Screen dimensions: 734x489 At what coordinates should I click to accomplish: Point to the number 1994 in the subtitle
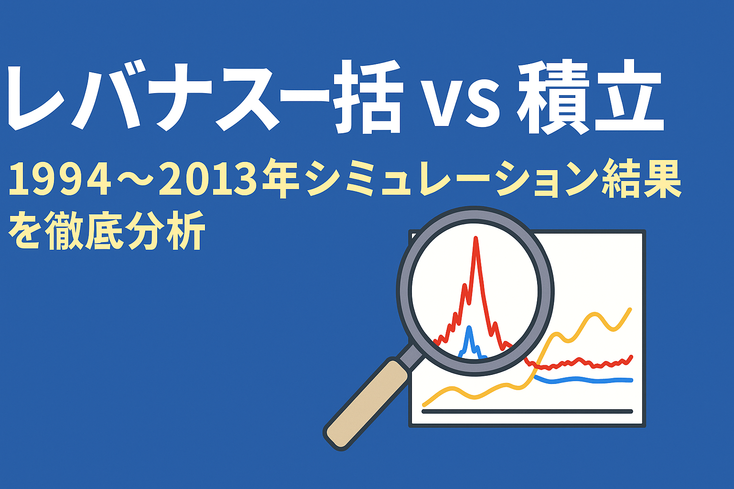tap(60, 180)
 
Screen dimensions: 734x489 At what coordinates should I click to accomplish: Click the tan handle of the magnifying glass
tap(366, 405)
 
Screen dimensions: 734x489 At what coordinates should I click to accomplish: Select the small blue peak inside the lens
tap(470, 328)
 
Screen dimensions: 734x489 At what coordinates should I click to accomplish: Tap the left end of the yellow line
tap(424, 405)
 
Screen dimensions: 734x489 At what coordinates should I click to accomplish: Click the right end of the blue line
tap(631, 380)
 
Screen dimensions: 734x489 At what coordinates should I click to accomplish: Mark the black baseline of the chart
tap(527, 412)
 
